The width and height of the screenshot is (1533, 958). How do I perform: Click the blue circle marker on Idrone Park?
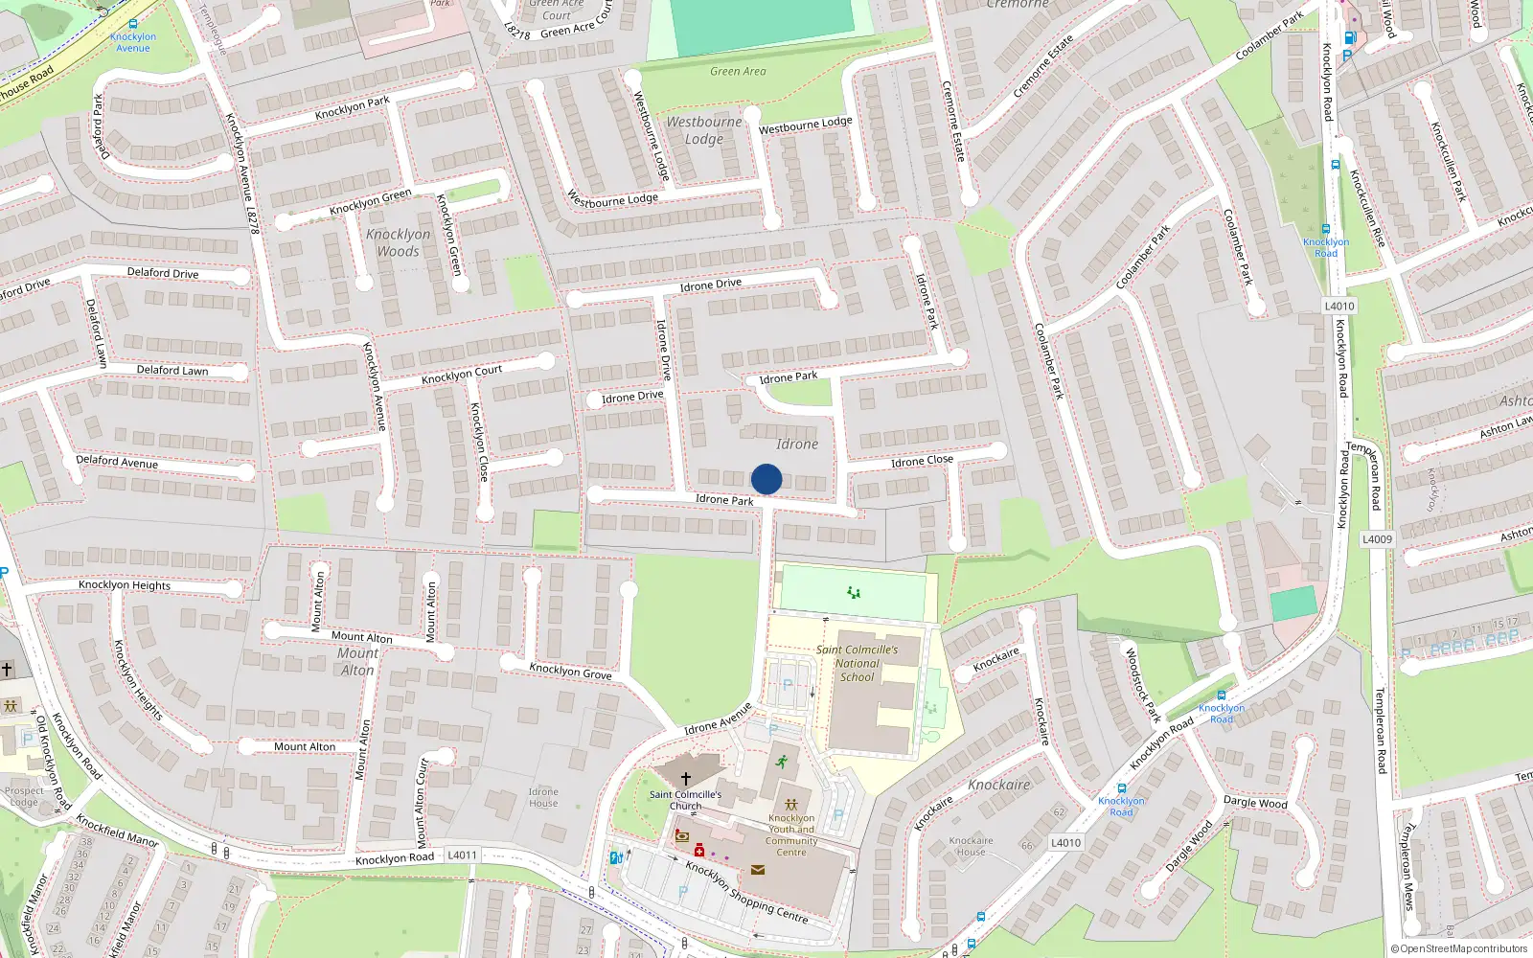click(766, 479)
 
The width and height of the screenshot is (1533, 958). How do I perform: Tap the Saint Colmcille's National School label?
click(857, 663)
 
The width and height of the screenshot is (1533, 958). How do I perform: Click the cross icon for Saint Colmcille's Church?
click(686, 779)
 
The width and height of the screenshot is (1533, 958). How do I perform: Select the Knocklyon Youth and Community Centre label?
click(791, 834)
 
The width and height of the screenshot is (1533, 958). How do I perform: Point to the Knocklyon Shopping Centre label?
click(746, 892)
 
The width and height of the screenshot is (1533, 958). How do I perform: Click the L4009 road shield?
click(1377, 539)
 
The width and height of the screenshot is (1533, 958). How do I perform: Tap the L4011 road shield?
click(462, 855)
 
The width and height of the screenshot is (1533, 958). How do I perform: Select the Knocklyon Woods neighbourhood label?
click(398, 242)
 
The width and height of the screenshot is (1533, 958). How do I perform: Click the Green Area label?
click(738, 71)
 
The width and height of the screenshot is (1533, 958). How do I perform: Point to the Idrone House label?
click(543, 797)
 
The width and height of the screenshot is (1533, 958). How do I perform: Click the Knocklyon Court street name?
click(462, 375)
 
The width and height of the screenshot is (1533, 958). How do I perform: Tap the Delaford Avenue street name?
click(117, 462)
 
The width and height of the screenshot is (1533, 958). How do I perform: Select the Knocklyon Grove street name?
click(570, 672)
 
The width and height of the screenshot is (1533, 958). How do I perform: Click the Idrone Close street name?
click(922, 461)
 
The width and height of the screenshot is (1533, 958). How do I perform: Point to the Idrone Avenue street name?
click(719, 719)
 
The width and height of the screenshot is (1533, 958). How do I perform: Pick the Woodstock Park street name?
click(1141, 685)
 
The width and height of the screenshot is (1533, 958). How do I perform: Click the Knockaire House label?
click(971, 846)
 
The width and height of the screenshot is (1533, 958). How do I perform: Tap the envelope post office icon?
click(758, 870)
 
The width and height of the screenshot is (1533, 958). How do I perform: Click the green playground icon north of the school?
click(854, 593)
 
